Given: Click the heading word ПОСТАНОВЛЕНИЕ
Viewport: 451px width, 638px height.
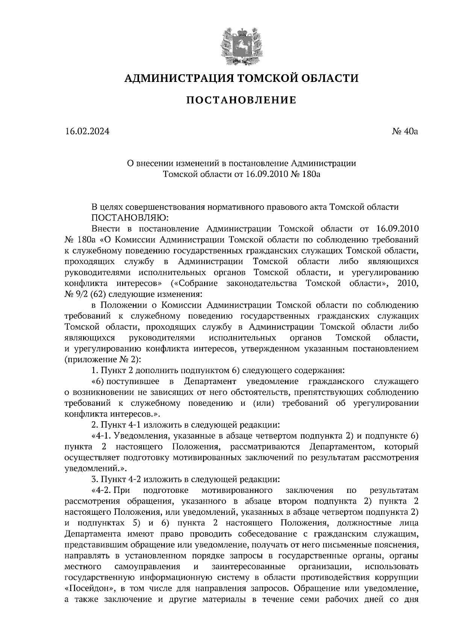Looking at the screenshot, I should pyautogui.click(x=241, y=100).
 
